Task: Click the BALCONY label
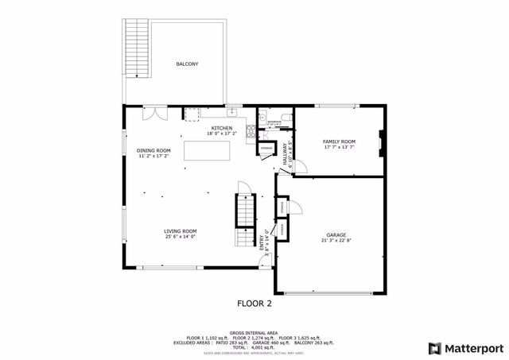pos(187,64)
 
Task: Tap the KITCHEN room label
pos(221,128)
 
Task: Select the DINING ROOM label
pos(154,150)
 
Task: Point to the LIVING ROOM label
pos(181,230)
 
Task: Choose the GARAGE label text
pos(336,235)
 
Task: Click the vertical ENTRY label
pos(262,242)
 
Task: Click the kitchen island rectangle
pos(207,150)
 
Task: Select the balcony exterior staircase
pos(138,49)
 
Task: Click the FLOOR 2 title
pos(254,303)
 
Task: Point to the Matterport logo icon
pos(434,347)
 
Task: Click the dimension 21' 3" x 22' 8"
pos(336,241)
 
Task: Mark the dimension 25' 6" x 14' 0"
pos(181,236)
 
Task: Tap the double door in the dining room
pos(150,114)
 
